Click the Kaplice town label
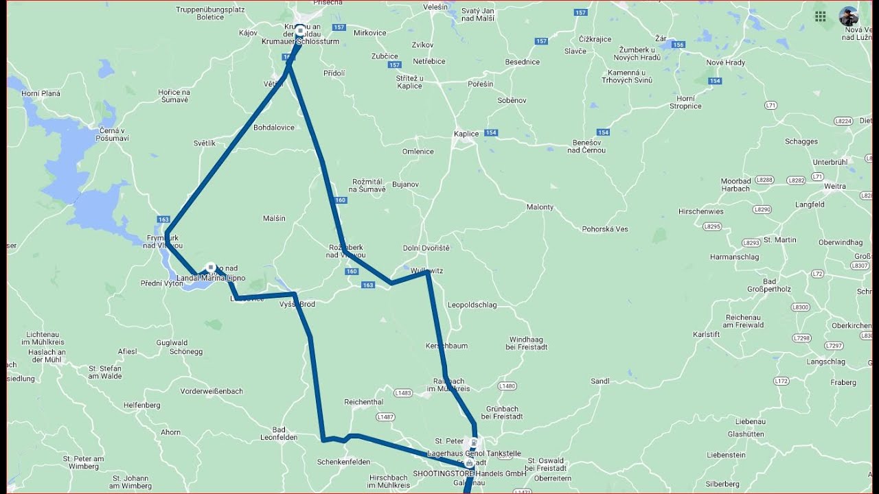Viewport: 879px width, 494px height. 466,134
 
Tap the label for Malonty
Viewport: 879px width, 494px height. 540,207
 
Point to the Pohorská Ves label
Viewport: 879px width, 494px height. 605,229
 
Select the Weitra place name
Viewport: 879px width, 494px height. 835,187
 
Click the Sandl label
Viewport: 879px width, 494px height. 600,381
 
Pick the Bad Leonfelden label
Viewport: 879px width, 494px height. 279,433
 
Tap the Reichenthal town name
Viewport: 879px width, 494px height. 363,402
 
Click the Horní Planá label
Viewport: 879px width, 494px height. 41,94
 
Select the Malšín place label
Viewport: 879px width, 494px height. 274,219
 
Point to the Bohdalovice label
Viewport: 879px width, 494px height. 274,128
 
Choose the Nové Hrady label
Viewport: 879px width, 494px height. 725,62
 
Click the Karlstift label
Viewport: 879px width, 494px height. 706,335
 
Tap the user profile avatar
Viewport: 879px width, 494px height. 849,16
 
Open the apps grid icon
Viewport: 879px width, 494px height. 820,16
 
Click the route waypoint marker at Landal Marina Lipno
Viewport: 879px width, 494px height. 211,268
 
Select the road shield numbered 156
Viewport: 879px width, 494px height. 678,45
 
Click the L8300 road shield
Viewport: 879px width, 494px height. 800,307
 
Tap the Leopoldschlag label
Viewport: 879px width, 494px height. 472,305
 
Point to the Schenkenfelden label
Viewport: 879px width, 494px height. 343,462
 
